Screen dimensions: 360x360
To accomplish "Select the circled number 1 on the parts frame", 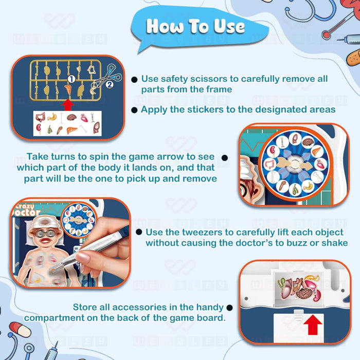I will pyautogui.click(x=71, y=79).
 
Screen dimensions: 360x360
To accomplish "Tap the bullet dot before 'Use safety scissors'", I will pyautogui.click(x=134, y=79).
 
